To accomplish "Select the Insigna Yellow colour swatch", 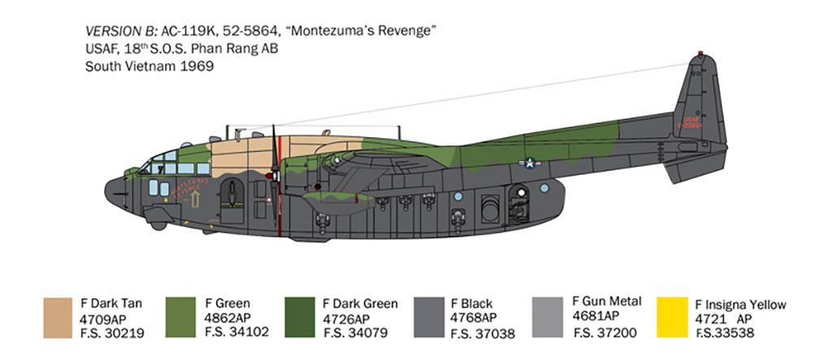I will [671, 316].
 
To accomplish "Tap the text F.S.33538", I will [728, 332].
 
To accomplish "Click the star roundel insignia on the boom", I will [531, 163].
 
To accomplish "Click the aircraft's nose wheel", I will [158, 225].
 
